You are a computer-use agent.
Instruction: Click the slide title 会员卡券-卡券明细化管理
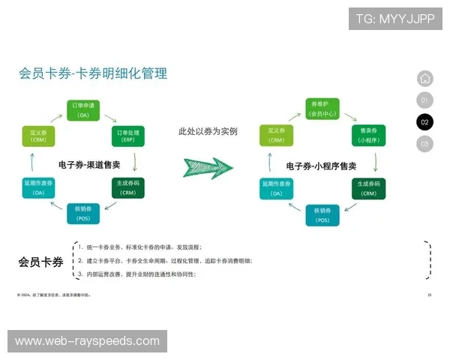pos(93,73)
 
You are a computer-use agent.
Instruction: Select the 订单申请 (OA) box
pos(83,109)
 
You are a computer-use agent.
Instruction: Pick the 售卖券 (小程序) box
pos(367,136)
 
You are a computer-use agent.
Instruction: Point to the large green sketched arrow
pos(208,167)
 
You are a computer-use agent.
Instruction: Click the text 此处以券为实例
pos(208,131)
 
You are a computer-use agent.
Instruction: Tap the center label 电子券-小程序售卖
pos(321,165)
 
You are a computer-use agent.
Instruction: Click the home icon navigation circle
pos(424,78)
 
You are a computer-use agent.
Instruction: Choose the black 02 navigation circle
pos(424,121)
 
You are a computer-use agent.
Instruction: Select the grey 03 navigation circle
pos(424,143)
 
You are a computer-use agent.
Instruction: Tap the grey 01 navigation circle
pos(424,100)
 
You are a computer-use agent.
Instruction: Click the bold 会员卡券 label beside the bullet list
pos(40,262)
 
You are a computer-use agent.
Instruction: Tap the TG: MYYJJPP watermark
pos(395,19)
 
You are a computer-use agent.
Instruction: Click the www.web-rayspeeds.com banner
pos(87,341)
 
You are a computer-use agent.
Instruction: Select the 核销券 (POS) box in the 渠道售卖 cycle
pos(83,214)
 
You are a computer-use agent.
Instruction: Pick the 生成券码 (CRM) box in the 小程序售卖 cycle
pos(367,188)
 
